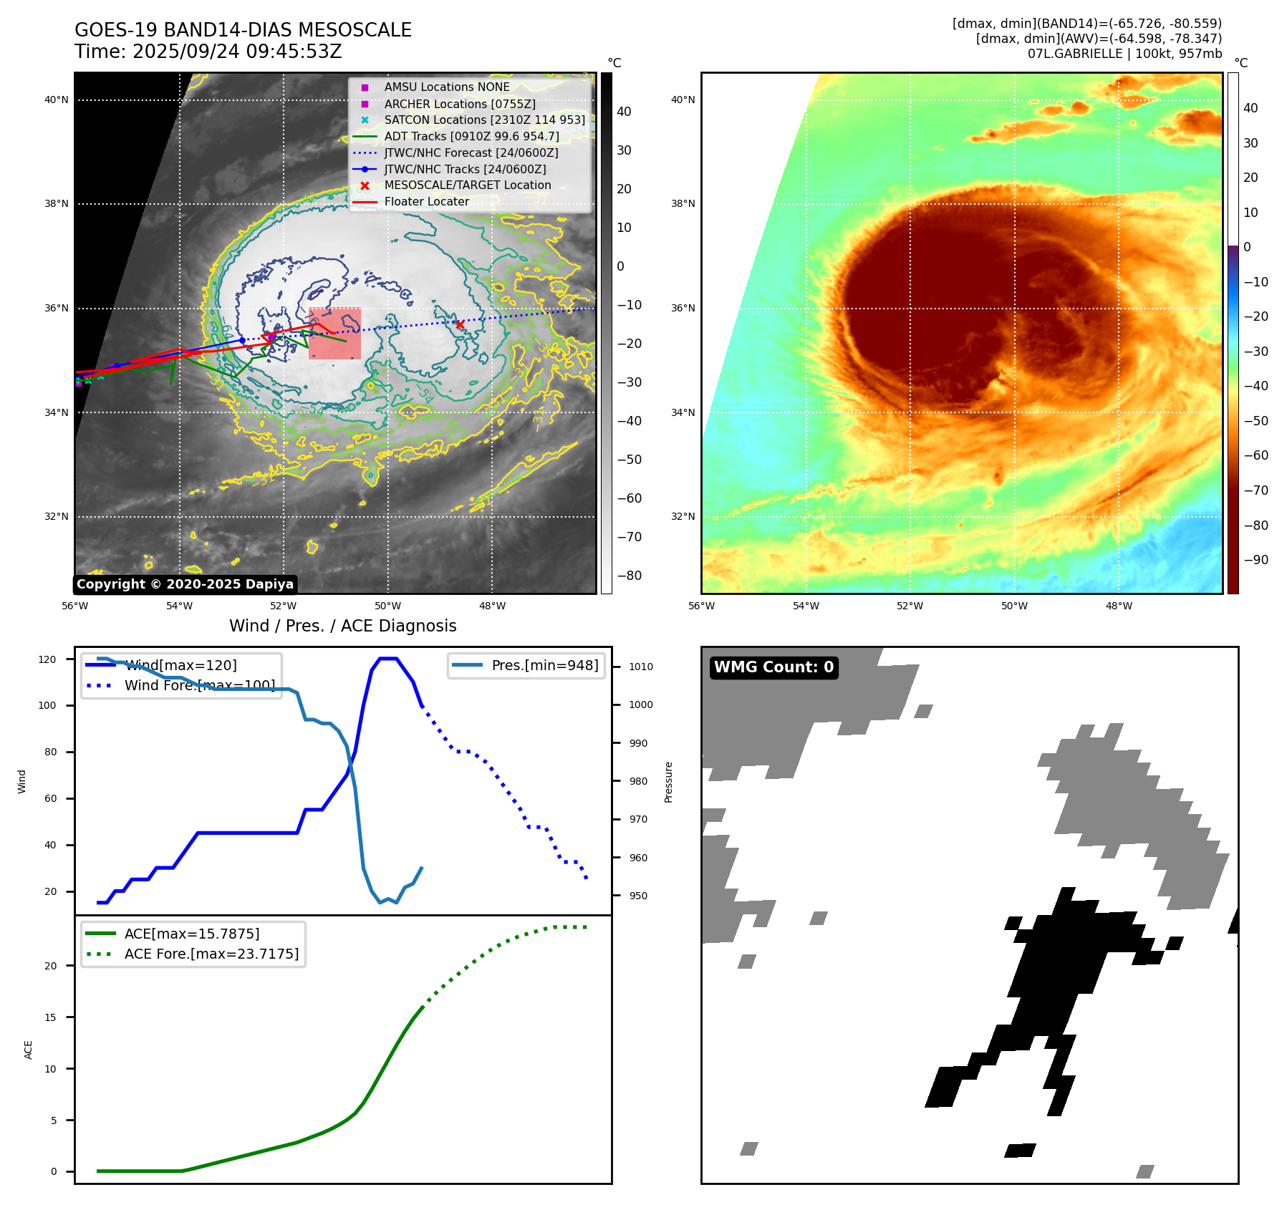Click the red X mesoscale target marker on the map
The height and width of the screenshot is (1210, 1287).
(x=460, y=324)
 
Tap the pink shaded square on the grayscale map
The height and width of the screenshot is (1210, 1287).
(x=334, y=334)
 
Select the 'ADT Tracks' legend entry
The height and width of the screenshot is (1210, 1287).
(x=471, y=136)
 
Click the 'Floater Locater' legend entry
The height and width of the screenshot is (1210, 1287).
(x=426, y=201)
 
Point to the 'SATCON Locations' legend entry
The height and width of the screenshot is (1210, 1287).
(x=484, y=120)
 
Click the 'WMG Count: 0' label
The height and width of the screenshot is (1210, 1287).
(x=773, y=667)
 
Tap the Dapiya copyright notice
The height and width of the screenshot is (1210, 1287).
(x=185, y=584)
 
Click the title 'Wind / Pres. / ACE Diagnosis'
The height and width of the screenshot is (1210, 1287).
(x=342, y=626)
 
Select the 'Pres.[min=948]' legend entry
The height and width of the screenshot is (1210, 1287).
(x=544, y=665)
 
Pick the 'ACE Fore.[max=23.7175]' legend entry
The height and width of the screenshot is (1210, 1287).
(x=211, y=954)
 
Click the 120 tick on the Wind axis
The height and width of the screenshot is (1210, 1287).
(x=47, y=659)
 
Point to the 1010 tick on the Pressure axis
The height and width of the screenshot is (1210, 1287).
(x=641, y=667)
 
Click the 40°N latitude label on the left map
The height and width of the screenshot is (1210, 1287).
(x=57, y=100)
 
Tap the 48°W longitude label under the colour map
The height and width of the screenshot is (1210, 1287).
(x=1119, y=606)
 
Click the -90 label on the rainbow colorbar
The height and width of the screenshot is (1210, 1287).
(x=1255, y=560)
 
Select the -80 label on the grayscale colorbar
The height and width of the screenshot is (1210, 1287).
(x=630, y=576)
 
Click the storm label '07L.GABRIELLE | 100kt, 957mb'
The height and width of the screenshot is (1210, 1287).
(x=1124, y=54)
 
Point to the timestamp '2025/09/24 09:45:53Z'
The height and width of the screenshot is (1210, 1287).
(x=237, y=52)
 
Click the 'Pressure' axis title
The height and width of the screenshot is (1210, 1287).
(x=668, y=782)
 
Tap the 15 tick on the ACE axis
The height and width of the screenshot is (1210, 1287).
(x=50, y=1017)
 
